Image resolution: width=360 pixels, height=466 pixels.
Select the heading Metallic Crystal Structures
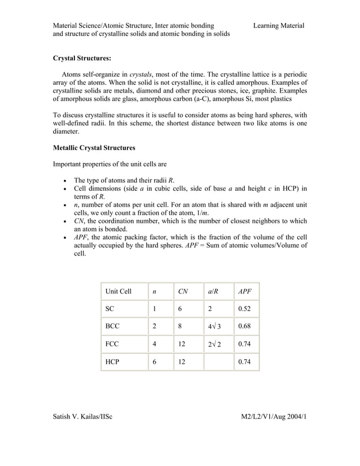94,148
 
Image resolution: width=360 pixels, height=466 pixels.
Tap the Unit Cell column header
118,292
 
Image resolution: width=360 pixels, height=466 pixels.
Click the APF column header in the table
245,292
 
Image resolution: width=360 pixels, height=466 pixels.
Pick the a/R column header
214,292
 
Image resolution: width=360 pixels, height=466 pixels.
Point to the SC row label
109,309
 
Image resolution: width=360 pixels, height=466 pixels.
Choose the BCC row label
112,326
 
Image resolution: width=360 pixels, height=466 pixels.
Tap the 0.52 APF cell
245,309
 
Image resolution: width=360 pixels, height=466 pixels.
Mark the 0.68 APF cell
245,326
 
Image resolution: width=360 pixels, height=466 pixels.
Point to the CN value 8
180,326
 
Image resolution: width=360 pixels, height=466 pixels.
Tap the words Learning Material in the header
279,25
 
